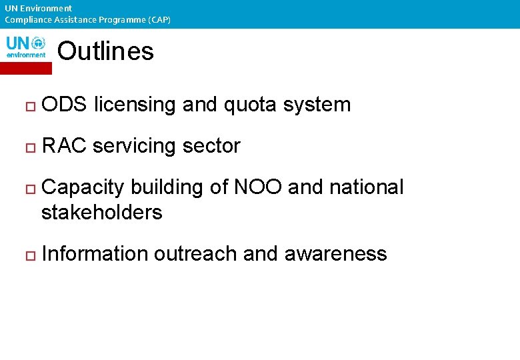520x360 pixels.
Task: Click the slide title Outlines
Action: point(105,51)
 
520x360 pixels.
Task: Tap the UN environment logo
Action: point(26,48)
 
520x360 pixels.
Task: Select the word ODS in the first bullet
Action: point(65,105)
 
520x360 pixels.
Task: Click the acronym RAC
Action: point(64,146)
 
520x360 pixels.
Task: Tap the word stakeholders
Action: point(101,213)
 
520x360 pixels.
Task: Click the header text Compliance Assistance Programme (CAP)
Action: point(87,20)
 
